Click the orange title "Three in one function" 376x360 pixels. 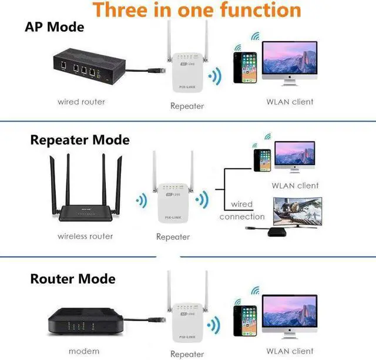197,10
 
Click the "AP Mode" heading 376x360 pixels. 55,27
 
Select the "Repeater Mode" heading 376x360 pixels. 80,140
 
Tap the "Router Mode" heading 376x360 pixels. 73,278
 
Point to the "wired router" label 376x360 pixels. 81,102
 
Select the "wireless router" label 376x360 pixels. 85,236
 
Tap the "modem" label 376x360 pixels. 85,351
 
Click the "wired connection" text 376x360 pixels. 242,210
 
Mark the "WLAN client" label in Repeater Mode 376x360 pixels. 295,186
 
